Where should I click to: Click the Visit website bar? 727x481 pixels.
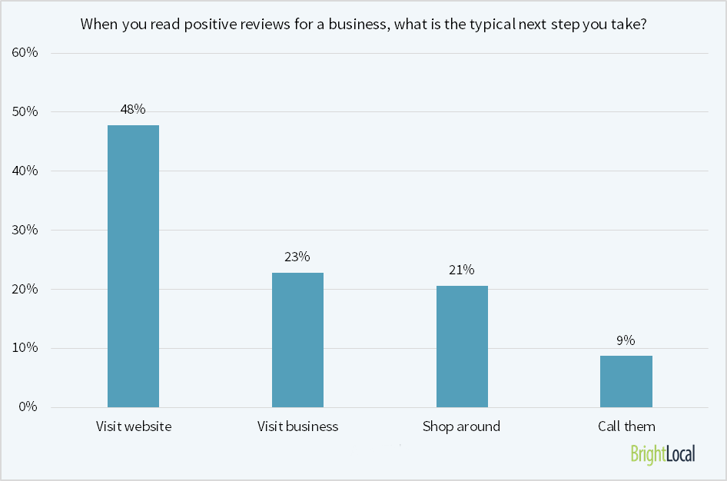(x=133, y=266)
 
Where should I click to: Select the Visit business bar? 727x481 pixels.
(x=297, y=340)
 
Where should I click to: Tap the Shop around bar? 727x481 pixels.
(x=462, y=347)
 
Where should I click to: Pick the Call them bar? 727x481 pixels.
(x=626, y=381)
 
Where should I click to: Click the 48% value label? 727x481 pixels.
(x=133, y=109)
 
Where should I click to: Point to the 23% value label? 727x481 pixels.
(x=297, y=257)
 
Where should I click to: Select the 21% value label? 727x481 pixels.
(x=462, y=270)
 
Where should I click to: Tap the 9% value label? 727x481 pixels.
(x=626, y=340)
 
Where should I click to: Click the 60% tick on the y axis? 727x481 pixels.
(x=25, y=53)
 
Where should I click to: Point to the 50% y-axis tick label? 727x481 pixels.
(x=25, y=112)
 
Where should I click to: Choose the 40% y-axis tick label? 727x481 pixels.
(x=25, y=171)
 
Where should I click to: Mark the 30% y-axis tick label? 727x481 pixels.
(x=25, y=231)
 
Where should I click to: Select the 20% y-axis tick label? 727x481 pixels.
(x=25, y=290)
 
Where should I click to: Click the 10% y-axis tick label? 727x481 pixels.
(x=25, y=348)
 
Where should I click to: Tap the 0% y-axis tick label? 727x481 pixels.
(x=28, y=407)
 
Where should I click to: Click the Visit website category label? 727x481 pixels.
(x=134, y=426)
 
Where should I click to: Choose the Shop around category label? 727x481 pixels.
(x=461, y=426)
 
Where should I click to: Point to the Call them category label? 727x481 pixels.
(x=626, y=426)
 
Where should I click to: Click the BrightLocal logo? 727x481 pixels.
(x=662, y=454)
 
